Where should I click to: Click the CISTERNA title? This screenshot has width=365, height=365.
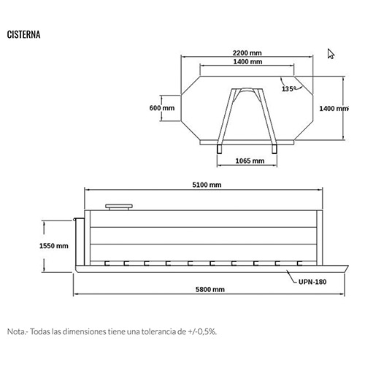pyautogui.click(x=23, y=34)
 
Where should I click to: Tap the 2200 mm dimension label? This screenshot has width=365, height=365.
pyautogui.click(x=247, y=53)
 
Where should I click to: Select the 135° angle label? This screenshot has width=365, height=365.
pyautogui.click(x=288, y=89)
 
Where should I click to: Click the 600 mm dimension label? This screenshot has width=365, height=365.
pyautogui.click(x=162, y=108)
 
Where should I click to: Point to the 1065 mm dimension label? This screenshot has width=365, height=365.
pyautogui.click(x=250, y=161)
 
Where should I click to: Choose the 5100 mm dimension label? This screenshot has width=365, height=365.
pyautogui.click(x=207, y=185)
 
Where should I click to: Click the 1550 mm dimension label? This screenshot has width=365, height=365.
pyautogui.click(x=54, y=246)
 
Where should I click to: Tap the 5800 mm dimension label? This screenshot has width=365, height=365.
pyautogui.click(x=210, y=289)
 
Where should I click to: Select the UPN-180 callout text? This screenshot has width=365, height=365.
pyautogui.click(x=312, y=282)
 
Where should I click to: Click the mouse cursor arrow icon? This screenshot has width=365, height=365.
pyautogui.click(x=330, y=53)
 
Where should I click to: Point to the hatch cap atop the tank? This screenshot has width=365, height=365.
pyautogui.click(x=119, y=207)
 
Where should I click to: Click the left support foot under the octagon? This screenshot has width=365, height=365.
pyautogui.click(x=220, y=149)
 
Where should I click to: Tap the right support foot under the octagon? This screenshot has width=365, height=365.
pyautogui.click(x=274, y=149)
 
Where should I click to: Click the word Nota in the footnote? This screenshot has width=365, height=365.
pyautogui.click(x=15, y=331)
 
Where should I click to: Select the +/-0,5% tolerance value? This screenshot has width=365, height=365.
pyautogui.click(x=201, y=331)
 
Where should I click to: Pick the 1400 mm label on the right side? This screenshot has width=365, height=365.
pyautogui.click(x=334, y=109)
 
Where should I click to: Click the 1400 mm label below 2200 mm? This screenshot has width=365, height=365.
pyautogui.click(x=247, y=62)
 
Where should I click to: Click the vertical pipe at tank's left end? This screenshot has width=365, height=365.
pyautogui.click(x=80, y=242)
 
